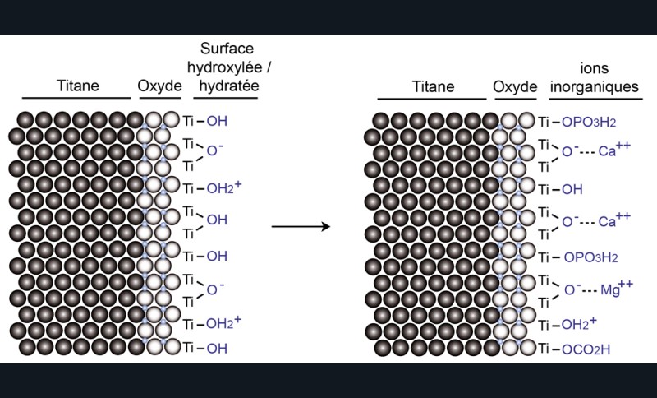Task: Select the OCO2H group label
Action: pyautogui.click(x=589, y=349)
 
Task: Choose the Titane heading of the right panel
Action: pyautogui.click(x=433, y=86)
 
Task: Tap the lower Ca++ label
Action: pyautogui.click(x=616, y=221)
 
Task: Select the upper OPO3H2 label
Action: pyautogui.click(x=589, y=122)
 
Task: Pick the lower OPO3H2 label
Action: pyautogui.click(x=589, y=257)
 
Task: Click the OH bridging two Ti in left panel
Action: pyautogui.click(x=218, y=220)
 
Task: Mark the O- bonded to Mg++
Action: pyautogui.click(x=570, y=289)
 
